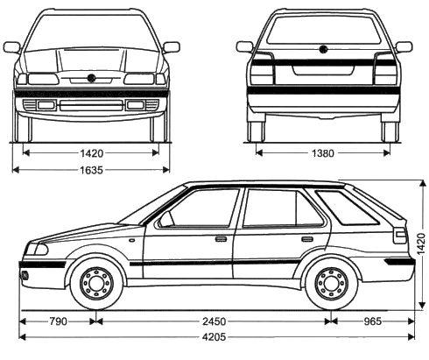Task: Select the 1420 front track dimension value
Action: (91, 152)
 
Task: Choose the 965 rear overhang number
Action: (372, 320)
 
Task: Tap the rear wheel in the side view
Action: (331, 283)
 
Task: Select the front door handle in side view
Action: (221, 238)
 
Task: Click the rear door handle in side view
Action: (307, 238)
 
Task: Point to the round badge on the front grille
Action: (91, 80)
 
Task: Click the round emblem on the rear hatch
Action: (321, 49)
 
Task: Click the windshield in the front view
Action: (91, 32)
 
